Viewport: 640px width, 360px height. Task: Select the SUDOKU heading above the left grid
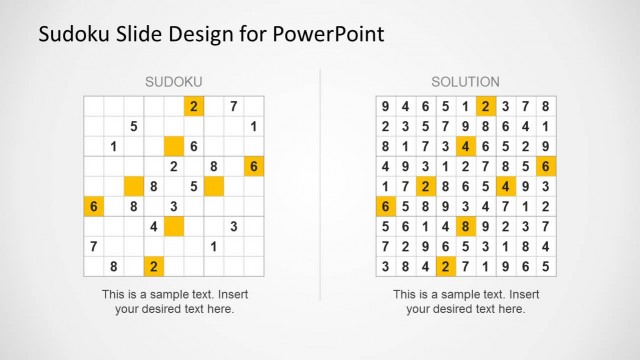click(174, 81)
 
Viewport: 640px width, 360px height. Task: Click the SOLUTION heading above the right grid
click(466, 81)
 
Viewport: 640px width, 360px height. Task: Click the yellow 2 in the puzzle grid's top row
click(193, 106)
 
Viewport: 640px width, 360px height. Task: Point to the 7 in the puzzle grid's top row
click(233, 106)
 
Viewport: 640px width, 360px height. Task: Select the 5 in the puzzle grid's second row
click(133, 126)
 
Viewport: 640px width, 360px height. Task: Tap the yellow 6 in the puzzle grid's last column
click(254, 166)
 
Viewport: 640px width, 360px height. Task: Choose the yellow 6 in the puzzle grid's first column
click(93, 206)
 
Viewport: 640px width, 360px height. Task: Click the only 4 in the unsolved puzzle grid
click(153, 226)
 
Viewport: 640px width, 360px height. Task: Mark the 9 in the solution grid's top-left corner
click(384, 106)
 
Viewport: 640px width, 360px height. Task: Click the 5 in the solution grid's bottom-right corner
click(545, 266)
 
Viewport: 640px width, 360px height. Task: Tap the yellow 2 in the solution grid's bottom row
click(444, 266)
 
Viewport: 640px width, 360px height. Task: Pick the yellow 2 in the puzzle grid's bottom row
click(153, 266)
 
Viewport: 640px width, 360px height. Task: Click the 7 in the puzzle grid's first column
click(93, 246)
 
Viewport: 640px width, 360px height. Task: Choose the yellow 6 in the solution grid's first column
click(384, 206)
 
